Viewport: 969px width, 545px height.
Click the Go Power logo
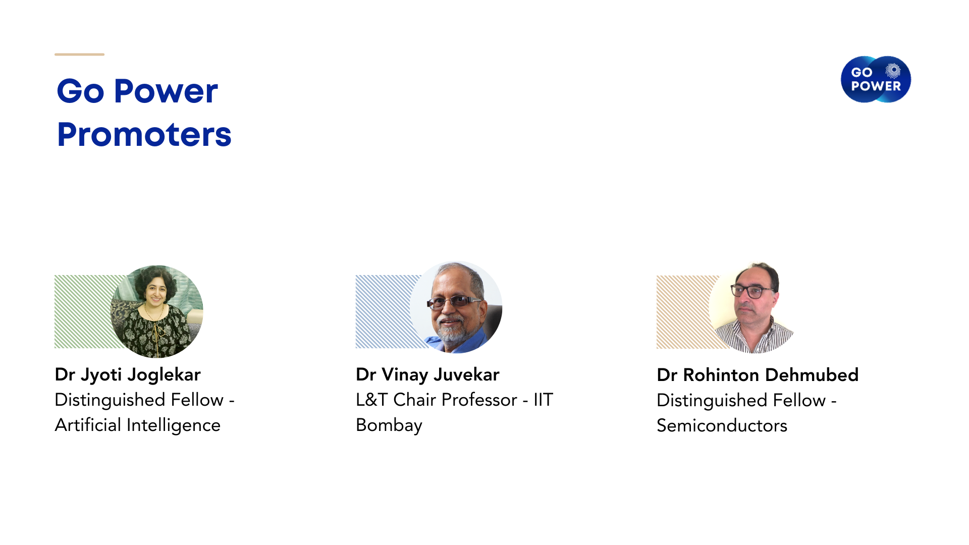tap(876, 79)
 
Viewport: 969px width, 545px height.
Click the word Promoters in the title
tap(144, 135)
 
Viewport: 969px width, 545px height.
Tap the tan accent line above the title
tap(79, 54)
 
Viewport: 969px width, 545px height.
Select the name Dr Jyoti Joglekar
tap(128, 375)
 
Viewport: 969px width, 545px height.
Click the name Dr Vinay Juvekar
tap(427, 375)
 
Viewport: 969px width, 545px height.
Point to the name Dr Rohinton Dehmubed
tap(758, 375)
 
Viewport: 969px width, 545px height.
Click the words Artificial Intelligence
tap(137, 425)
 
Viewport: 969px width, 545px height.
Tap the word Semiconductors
tap(722, 426)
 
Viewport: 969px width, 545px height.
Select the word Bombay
tap(389, 425)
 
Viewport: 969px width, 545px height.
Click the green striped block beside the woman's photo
tap(86, 311)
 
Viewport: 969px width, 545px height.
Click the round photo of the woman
tap(157, 311)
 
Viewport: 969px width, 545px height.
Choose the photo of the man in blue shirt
tap(456, 307)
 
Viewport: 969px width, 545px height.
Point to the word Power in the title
tap(166, 92)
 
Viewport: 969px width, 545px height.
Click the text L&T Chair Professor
tap(437, 400)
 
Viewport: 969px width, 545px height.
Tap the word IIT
tap(544, 400)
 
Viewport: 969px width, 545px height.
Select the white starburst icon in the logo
tap(893, 71)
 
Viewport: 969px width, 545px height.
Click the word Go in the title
tap(81, 92)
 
